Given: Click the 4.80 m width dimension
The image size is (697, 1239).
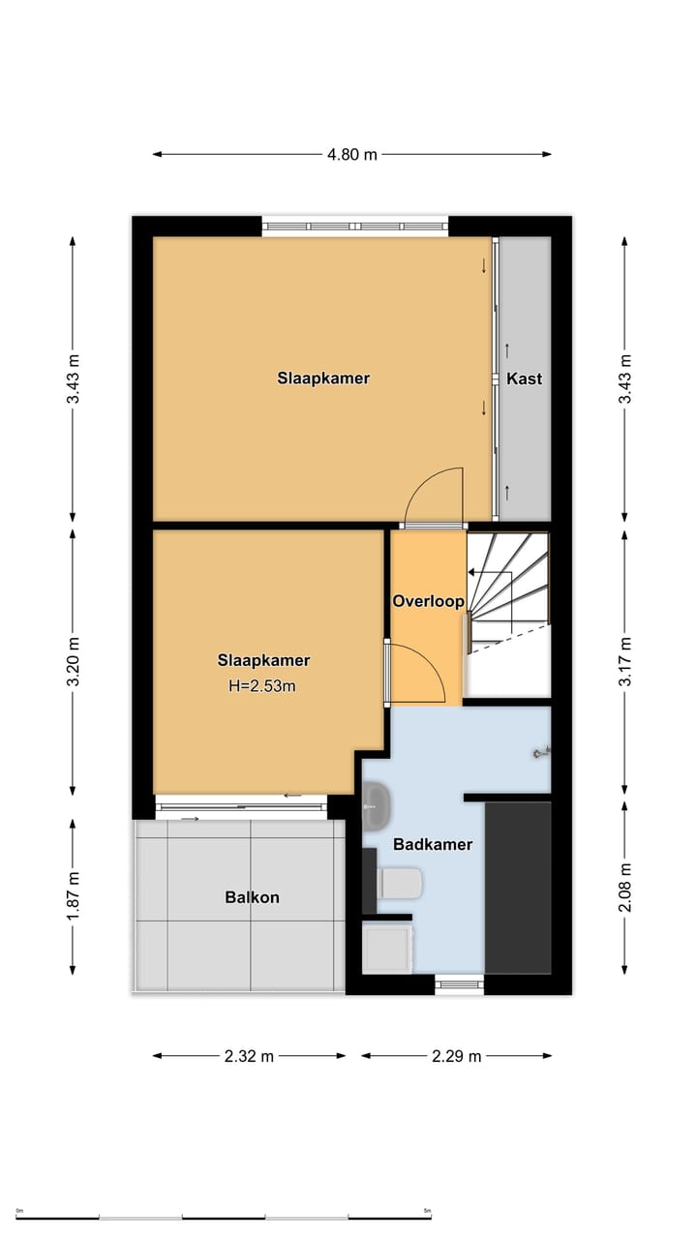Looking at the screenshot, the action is [351, 154].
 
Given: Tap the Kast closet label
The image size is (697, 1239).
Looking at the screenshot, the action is [525, 378].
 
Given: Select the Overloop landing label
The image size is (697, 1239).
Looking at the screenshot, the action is [428, 601].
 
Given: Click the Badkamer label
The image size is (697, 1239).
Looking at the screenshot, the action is [433, 845].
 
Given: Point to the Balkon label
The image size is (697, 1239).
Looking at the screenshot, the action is [252, 897].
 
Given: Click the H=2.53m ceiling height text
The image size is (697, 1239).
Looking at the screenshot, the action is [262, 686].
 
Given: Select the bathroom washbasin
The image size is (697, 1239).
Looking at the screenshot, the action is [378, 805].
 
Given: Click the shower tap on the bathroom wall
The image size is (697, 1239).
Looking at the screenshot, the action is [542, 752].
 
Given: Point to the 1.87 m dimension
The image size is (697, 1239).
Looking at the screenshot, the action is [73, 896].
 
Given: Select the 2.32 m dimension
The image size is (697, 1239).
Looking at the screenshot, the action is [249, 1056].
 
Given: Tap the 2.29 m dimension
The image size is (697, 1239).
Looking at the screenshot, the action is [456, 1056].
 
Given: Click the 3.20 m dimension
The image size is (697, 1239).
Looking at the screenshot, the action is [73, 661].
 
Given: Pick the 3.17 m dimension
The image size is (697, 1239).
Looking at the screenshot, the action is [624, 661].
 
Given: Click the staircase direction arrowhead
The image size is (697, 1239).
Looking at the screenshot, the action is [471, 572].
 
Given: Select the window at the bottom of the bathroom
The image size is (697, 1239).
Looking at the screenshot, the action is [459, 984].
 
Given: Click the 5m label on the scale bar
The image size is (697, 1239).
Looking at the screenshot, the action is [427, 1211].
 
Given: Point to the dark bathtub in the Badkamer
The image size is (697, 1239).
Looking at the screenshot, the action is [518, 888].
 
